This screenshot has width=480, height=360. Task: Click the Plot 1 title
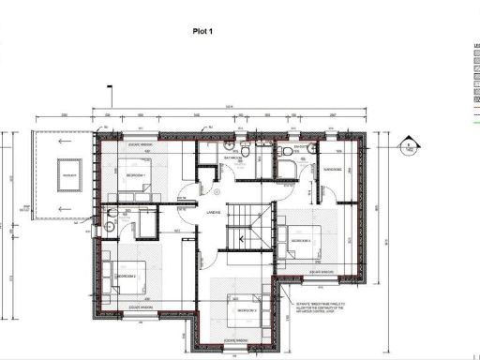click(204, 57)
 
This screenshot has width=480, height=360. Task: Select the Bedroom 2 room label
click(126, 277)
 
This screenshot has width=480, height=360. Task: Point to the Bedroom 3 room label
click(247, 309)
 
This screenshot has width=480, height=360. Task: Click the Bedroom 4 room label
click(301, 241)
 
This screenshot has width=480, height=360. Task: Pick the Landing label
click(213, 213)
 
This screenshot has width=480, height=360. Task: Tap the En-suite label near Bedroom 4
click(302, 148)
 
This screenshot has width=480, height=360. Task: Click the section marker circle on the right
click(409, 145)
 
